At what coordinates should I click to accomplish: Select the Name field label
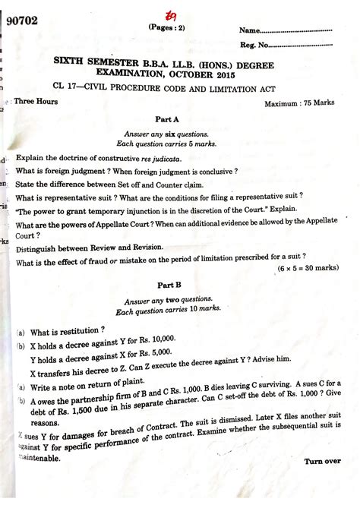(x=251, y=31)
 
